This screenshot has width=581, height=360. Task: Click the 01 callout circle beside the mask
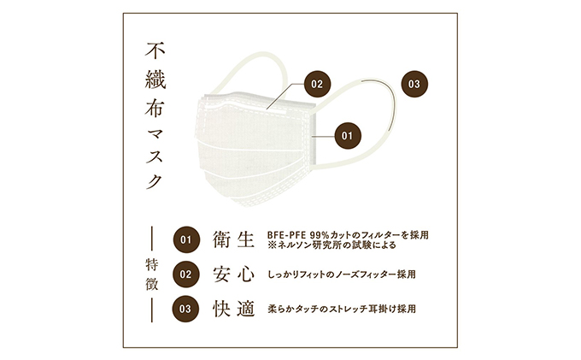click(x=347, y=134)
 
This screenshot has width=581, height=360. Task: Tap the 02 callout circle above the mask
click(x=315, y=84)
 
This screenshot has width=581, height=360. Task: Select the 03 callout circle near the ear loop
click(x=414, y=84)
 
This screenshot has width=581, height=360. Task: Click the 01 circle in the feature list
click(x=185, y=239)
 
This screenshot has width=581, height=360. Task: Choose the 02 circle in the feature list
click(x=185, y=274)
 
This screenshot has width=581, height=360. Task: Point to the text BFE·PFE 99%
click(x=296, y=234)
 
